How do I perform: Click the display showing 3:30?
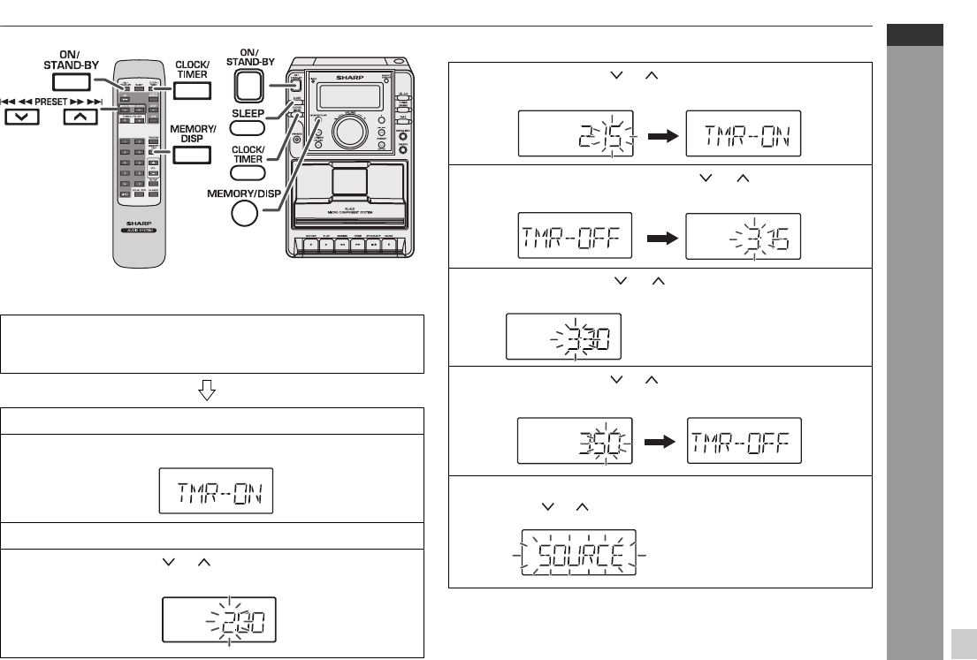pos(563,336)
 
